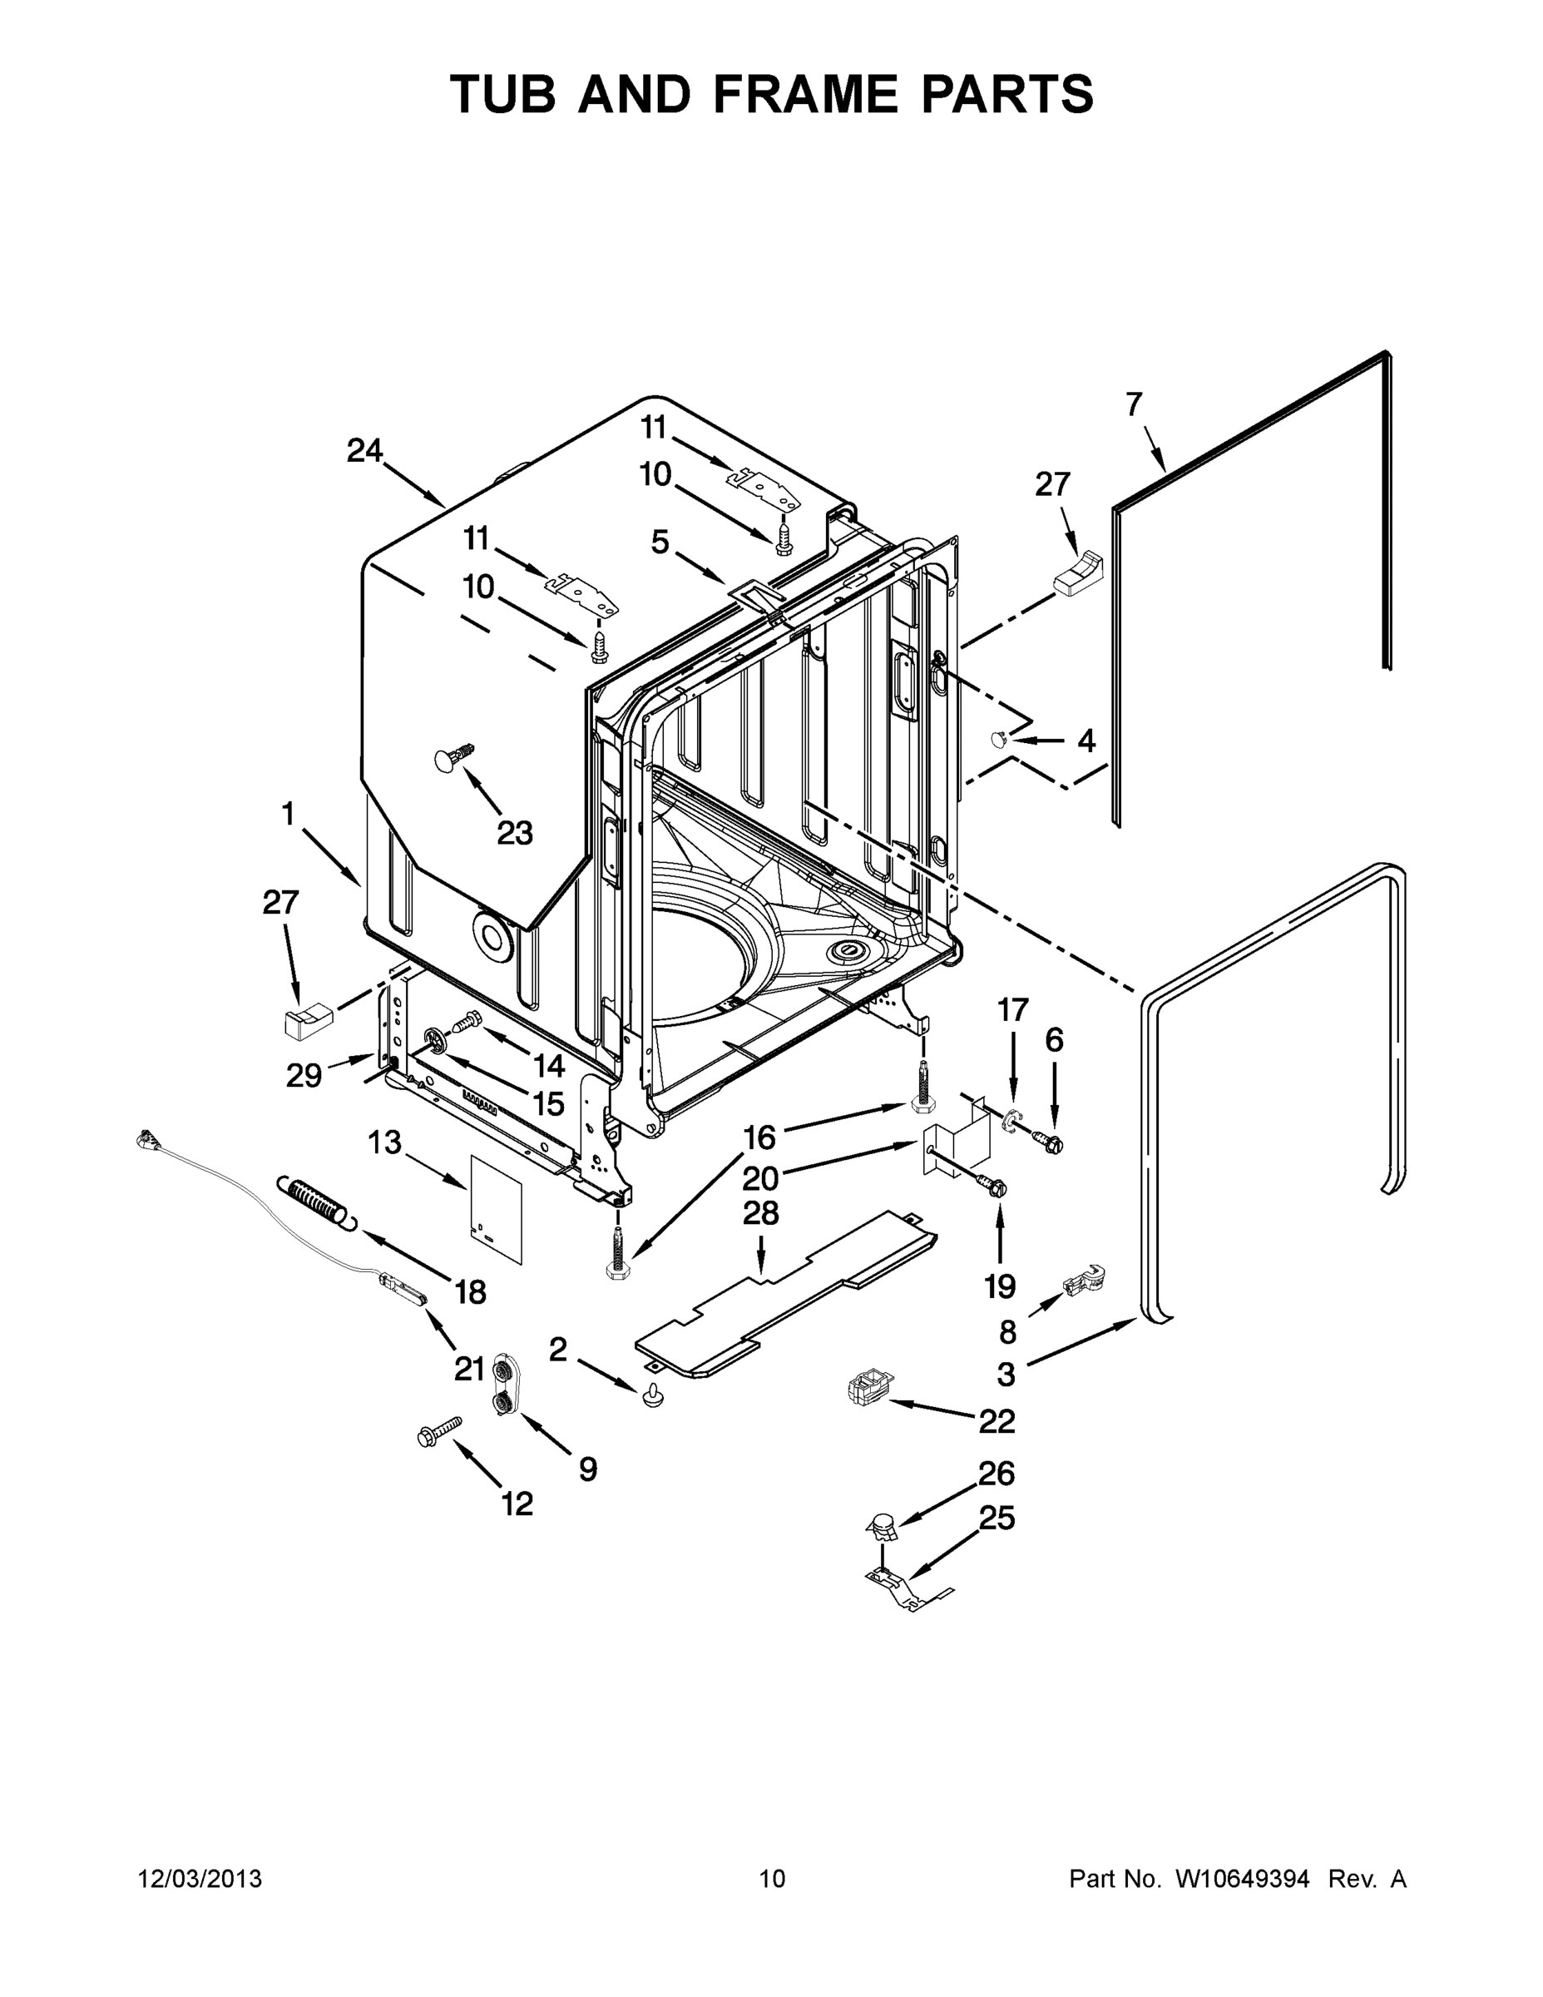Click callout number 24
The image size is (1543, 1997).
(364, 451)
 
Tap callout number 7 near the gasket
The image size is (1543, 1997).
(1134, 404)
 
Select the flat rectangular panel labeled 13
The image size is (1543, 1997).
(497, 1207)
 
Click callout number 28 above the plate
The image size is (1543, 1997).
(760, 1213)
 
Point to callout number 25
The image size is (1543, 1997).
(997, 1518)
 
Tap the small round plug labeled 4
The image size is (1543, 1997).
(999, 738)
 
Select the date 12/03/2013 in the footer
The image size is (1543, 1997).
(200, 1878)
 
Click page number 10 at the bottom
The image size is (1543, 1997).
(773, 1878)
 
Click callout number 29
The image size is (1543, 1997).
(304, 1075)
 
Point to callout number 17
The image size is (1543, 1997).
(1013, 1010)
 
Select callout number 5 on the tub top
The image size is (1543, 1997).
(660, 543)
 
